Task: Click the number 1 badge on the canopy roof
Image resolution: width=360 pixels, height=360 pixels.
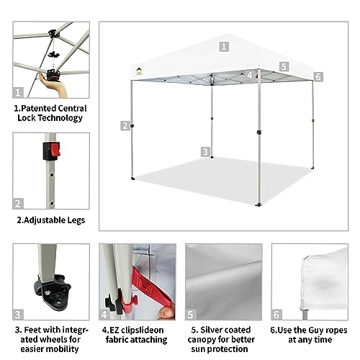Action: tap(224, 46)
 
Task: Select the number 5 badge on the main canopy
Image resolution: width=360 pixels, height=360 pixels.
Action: tap(284, 66)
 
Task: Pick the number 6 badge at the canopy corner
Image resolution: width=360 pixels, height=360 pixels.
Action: tap(318, 76)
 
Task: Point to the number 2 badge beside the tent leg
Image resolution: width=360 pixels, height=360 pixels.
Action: tap(125, 125)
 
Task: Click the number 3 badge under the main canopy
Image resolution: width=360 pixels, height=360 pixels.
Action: tap(206, 152)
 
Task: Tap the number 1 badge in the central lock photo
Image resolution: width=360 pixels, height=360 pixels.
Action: tap(19, 92)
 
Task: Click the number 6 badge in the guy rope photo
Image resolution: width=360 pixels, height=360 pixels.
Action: tap(276, 315)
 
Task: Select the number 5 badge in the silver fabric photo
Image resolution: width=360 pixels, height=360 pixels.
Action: tap(191, 315)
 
